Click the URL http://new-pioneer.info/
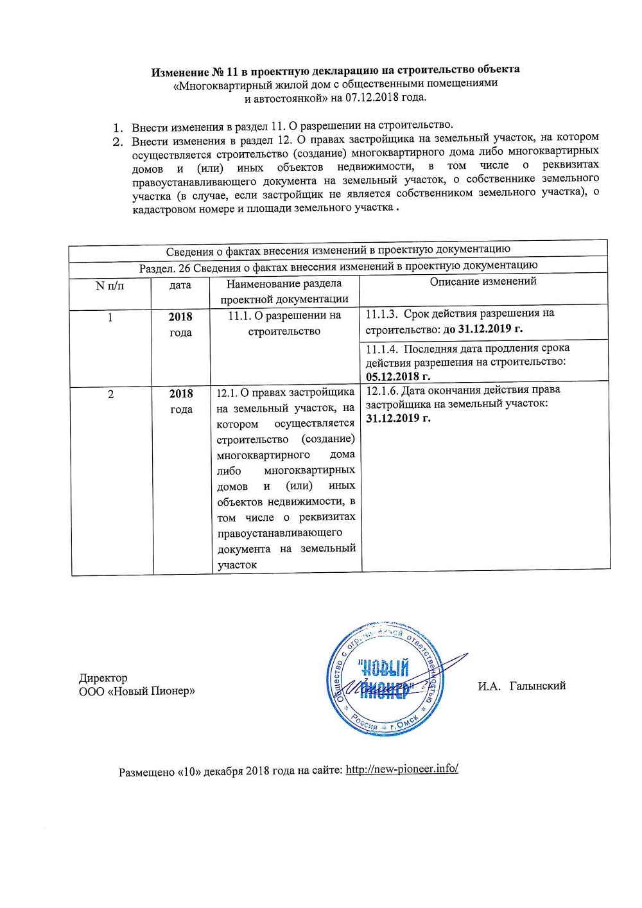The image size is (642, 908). point(402,769)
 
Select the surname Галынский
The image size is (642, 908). point(537,686)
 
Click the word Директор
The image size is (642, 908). point(103,677)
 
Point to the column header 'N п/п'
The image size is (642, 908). point(110,285)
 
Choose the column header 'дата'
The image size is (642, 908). point(180,285)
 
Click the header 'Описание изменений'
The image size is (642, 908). point(483,281)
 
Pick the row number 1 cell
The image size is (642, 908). point(110,317)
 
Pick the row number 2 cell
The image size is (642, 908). point(110,394)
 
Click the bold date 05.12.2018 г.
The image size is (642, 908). point(398,376)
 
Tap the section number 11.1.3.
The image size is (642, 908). point(381,313)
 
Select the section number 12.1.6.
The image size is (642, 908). point(381,390)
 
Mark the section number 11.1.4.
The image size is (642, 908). point(382,348)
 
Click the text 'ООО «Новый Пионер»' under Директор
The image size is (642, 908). point(137,691)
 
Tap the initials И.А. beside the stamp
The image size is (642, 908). point(489,686)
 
